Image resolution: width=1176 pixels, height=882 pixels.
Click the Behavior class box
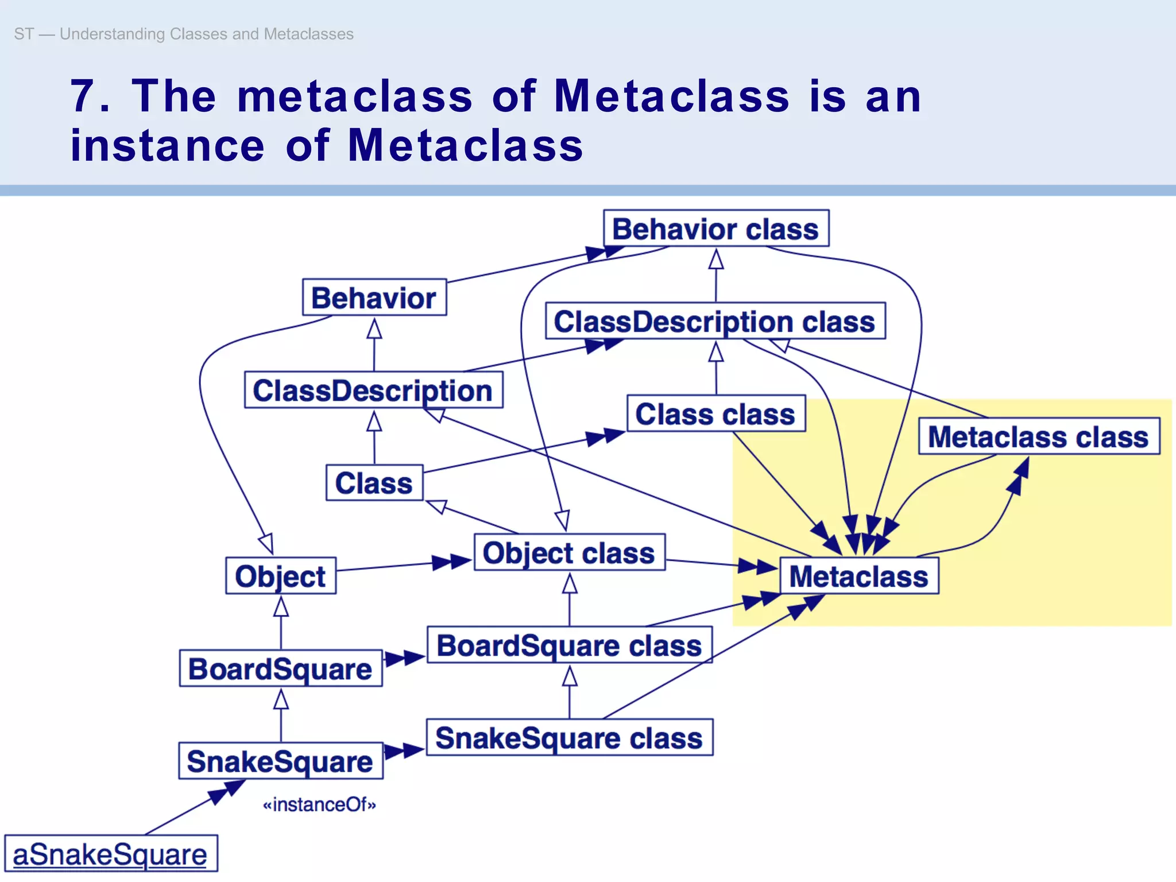pos(715,229)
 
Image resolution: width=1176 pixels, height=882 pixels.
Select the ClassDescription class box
pos(715,321)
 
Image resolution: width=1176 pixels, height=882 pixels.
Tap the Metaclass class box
pos(1039,436)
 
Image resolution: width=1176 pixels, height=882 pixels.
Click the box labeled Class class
pos(715,413)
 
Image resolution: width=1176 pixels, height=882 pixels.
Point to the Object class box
pos(569,552)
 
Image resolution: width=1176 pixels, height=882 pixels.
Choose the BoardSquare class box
pos(570,645)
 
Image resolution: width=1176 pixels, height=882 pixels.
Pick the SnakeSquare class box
pos(570,737)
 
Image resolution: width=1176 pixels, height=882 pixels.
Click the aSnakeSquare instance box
pos(111,854)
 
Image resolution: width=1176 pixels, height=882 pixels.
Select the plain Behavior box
pos(374,297)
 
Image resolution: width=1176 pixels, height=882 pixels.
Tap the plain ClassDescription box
pos(373,390)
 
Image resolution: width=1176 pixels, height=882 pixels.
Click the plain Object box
pos(280,575)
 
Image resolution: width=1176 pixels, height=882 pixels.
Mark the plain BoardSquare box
pos(280,668)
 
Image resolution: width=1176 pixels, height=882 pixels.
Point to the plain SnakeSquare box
pos(280,761)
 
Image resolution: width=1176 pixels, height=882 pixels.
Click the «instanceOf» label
pos(319,804)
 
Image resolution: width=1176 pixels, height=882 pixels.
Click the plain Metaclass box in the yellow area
pos(859,575)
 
